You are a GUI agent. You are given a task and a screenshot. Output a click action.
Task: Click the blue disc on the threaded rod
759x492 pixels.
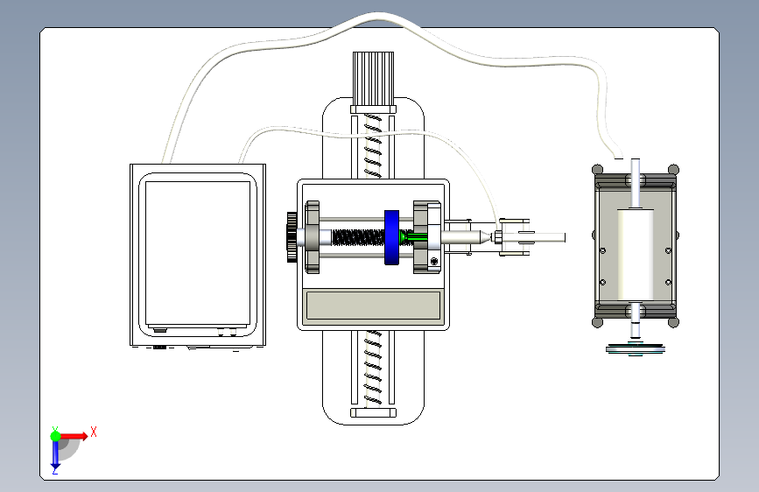coord(391,237)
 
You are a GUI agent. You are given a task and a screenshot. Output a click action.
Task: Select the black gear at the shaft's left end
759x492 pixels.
coord(292,237)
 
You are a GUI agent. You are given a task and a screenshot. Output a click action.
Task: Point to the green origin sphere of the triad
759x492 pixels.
coord(55,436)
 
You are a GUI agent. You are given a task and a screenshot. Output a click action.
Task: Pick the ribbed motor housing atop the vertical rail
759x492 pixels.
coord(373,79)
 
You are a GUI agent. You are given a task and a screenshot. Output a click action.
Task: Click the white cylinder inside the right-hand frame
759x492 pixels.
coord(636,255)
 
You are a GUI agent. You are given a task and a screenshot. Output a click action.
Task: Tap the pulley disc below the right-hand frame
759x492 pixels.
coord(636,348)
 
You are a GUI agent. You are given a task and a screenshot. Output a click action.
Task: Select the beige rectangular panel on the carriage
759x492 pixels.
coord(373,306)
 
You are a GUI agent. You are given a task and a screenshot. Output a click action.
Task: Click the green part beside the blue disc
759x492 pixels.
coord(412,237)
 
